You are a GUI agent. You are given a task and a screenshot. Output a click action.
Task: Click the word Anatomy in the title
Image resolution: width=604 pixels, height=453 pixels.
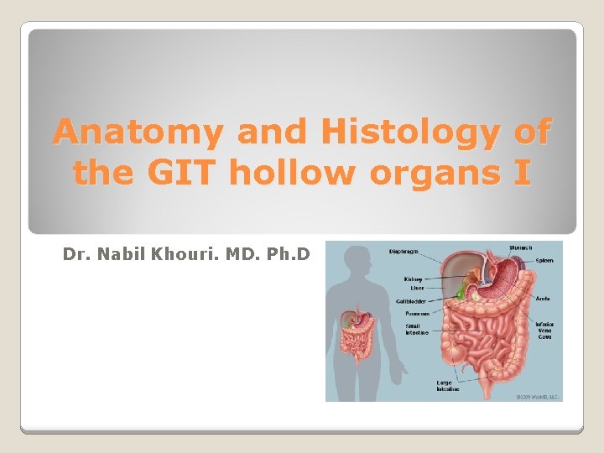click(x=138, y=132)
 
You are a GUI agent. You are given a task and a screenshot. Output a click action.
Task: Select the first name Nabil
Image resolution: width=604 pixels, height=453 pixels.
click(x=119, y=253)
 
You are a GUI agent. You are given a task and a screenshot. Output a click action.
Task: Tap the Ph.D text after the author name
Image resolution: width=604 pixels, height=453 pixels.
click(x=289, y=253)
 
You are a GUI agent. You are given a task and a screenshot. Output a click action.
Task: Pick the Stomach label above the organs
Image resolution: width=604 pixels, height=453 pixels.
click(x=519, y=247)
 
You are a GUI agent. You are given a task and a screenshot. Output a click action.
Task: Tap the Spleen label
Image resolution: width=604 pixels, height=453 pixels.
click(x=544, y=261)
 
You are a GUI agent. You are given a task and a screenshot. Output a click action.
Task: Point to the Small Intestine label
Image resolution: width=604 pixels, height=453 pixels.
click(x=416, y=329)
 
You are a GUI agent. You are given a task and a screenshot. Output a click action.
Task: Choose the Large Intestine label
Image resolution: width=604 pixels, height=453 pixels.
click(x=448, y=387)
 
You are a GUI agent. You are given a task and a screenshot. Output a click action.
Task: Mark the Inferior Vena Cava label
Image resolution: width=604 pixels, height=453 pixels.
click(x=545, y=330)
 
